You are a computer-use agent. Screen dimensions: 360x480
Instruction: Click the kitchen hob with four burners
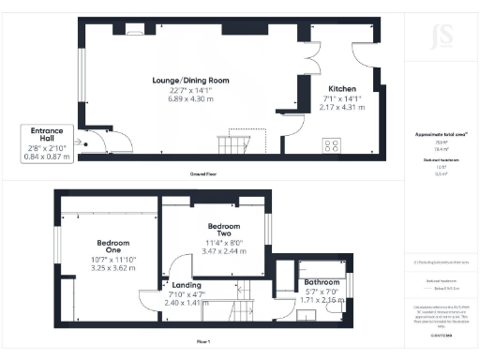click(333, 145)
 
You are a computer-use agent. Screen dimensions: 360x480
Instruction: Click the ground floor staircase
click(231, 144)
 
